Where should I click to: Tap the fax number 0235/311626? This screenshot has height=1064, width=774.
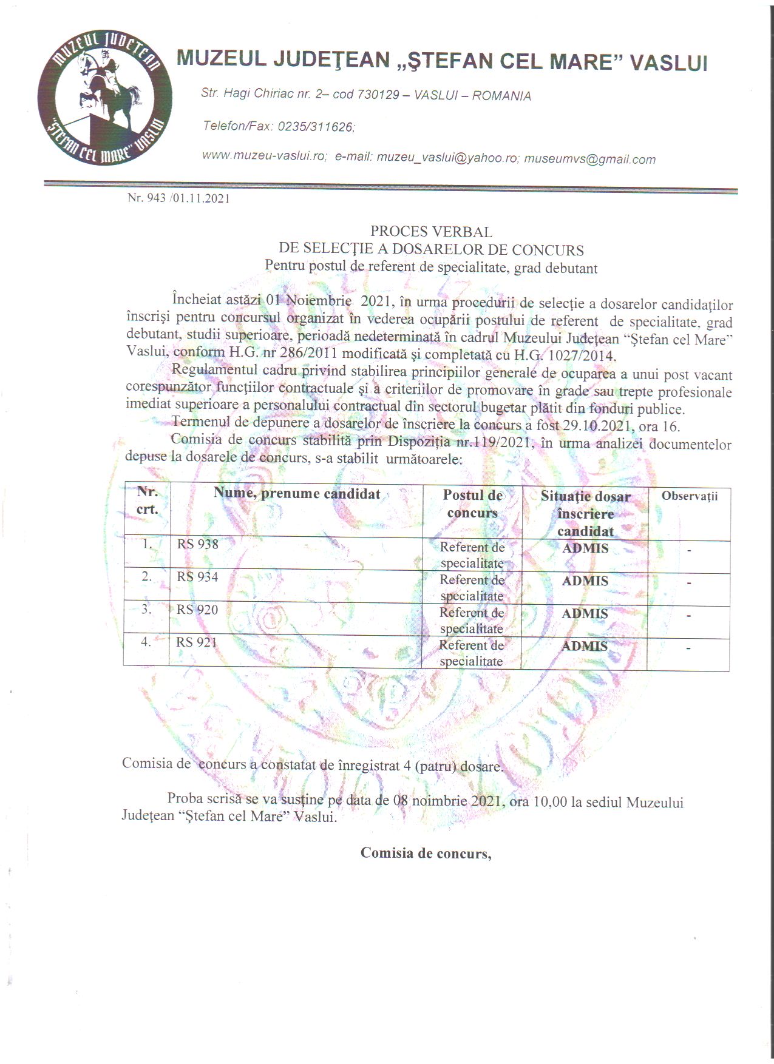click(315, 127)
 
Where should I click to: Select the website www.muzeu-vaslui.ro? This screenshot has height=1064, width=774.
click(264, 156)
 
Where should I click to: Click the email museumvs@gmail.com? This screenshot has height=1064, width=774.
click(589, 159)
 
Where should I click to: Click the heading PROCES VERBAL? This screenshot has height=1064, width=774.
click(431, 232)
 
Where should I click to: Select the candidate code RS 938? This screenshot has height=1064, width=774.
click(197, 544)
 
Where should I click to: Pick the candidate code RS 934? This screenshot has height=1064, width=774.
click(197, 577)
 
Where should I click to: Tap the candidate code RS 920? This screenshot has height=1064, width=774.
click(197, 610)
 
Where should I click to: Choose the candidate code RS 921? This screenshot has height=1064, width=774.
click(197, 642)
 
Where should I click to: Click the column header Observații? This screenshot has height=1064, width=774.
click(689, 496)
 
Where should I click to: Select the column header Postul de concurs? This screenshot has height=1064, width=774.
click(472, 504)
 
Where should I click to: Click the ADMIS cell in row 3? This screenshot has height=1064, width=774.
click(585, 614)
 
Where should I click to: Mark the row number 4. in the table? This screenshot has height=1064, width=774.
click(146, 641)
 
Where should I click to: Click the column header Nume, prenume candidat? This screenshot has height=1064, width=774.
click(297, 493)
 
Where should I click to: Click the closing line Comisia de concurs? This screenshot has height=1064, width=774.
click(426, 854)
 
